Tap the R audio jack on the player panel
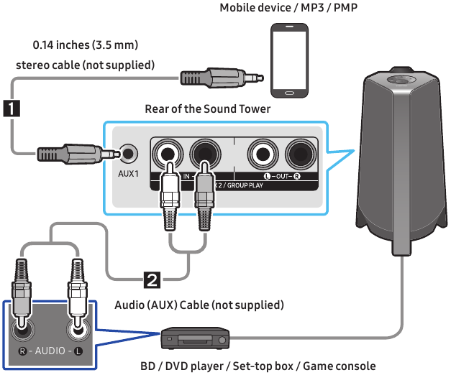pyautogui.click(x=24, y=329)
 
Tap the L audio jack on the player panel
pyautogui.click(x=78, y=329)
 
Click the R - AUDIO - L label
pyautogui.click(x=50, y=352)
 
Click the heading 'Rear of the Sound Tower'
pyautogui.click(x=207, y=109)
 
